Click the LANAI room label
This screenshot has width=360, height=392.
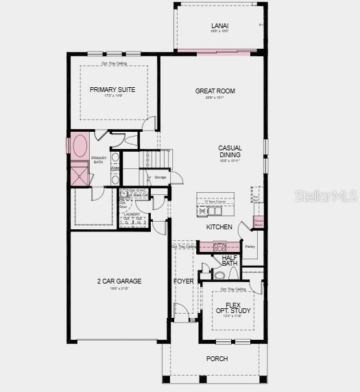click(219, 26)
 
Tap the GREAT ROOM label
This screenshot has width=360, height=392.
click(215, 91)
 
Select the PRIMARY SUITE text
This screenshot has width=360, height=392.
click(112, 90)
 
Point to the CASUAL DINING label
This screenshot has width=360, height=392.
click(230, 152)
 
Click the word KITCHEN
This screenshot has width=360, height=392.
click(219, 227)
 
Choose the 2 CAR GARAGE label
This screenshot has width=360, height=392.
click(119, 281)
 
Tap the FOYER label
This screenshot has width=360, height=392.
click(183, 281)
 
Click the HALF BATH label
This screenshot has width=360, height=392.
click(230, 261)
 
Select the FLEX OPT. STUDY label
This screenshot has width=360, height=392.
click(229, 307)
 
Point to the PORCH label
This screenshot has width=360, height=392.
click(217, 358)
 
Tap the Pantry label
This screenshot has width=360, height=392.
click(250, 246)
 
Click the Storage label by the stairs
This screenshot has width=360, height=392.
click(160, 177)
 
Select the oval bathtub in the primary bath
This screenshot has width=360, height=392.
click(80, 147)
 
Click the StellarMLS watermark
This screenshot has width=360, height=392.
click(326, 196)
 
